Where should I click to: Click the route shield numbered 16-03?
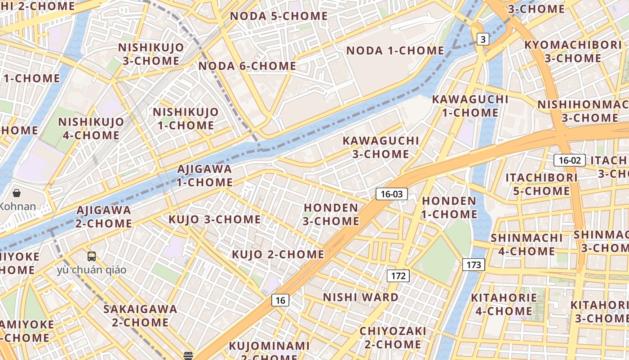point(392,194)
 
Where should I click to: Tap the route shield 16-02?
point(570,160)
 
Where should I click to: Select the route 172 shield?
point(398,276)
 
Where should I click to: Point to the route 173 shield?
point(474,265)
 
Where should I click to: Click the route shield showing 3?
point(483,40)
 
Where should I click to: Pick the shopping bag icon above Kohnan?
point(17,193)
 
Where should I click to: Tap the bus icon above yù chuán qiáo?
point(92,256)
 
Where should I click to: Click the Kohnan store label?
point(18,207)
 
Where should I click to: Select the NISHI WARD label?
point(361,297)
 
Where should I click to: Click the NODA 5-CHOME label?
point(279,16)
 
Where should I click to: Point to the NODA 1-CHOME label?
point(395,50)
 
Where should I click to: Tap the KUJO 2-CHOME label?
point(278,254)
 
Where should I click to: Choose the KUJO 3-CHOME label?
point(214,220)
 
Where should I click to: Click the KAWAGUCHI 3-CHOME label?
point(381,147)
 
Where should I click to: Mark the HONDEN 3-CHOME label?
point(331,214)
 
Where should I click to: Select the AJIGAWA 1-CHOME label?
point(205,175)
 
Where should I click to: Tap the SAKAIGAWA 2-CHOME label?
point(140,316)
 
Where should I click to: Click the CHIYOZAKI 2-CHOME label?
point(393,337)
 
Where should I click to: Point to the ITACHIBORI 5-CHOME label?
point(541,184)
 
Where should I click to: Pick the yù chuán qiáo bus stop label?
point(92,270)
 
